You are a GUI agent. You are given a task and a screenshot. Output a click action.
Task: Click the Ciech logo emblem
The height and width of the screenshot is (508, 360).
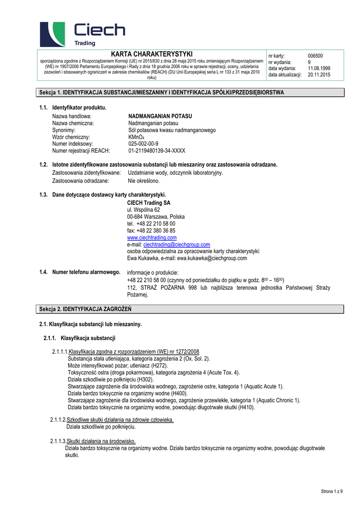[x=52, y=34]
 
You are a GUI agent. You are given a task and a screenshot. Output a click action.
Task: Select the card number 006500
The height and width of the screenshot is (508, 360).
[x=315, y=56]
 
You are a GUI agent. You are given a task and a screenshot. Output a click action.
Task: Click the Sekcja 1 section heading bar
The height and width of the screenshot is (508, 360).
[x=191, y=93]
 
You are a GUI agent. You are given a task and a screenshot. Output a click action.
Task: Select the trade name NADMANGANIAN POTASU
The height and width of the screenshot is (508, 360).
[x=160, y=116]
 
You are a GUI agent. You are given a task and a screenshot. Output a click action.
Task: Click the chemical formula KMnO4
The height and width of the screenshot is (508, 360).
[x=136, y=137]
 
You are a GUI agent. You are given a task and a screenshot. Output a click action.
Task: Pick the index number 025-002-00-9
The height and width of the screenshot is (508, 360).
[x=144, y=144]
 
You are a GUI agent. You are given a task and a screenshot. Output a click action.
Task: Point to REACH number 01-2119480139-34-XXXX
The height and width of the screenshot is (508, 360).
[x=156, y=151]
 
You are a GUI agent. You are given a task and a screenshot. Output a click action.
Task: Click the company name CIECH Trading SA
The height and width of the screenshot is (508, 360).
[x=149, y=203]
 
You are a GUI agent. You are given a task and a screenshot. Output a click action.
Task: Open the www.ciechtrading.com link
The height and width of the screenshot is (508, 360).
[x=152, y=238]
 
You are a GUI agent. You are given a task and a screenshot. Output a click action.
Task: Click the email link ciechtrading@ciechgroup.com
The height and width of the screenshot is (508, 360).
[x=176, y=245]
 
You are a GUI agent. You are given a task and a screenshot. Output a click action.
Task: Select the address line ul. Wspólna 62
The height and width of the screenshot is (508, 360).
[x=144, y=210]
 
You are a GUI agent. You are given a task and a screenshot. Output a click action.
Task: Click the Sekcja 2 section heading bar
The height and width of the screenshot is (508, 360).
[x=191, y=309]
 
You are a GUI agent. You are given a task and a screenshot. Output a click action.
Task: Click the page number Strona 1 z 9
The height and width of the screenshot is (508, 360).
[x=335, y=491]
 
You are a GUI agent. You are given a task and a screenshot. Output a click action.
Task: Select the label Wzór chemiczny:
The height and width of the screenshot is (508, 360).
[x=71, y=137]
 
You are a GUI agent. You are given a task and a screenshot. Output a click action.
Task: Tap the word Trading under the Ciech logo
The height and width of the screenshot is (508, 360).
[x=84, y=43]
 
